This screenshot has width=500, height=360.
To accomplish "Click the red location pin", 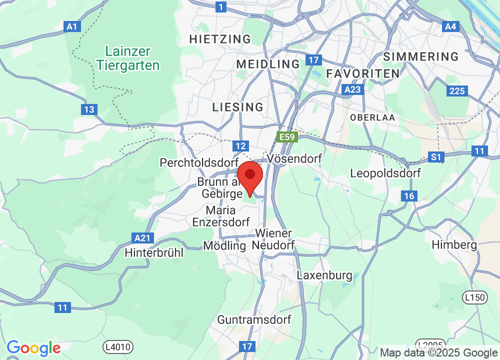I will pyautogui.click(x=250, y=177).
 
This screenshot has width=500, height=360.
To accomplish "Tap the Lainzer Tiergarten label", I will pyautogui.click(x=128, y=58).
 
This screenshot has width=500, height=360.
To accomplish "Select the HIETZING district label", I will pyautogui.click(x=220, y=39).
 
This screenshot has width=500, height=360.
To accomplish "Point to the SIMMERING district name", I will pyautogui.click(x=420, y=56).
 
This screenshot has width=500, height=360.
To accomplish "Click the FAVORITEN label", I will pyautogui.click(x=363, y=73).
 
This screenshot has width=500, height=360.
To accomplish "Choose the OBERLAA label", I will pyautogui.click(x=373, y=117).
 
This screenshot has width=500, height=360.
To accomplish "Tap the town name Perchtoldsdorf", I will pyautogui.click(x=199, y=162).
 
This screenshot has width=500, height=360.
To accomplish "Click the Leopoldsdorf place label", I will pyautogui.click(x=385, y=173).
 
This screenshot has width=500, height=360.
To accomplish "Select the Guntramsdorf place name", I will pyautogui.click(x=254, y=319).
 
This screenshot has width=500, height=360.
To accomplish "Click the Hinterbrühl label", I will pyautogui.click(x=154, y=252).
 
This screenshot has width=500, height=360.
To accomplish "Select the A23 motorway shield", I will pyautogui.click(x=353, y=89).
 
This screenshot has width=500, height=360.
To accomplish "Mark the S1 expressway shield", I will pyautogui.click(x=436, y=157).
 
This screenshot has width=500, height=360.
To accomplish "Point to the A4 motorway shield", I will pyautogui.click(x=450, y=26).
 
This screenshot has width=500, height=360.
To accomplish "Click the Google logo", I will pyautogui.click(x=33, y=348).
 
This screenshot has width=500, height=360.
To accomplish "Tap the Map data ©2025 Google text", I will pyautogui.click(x=438, y=352).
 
